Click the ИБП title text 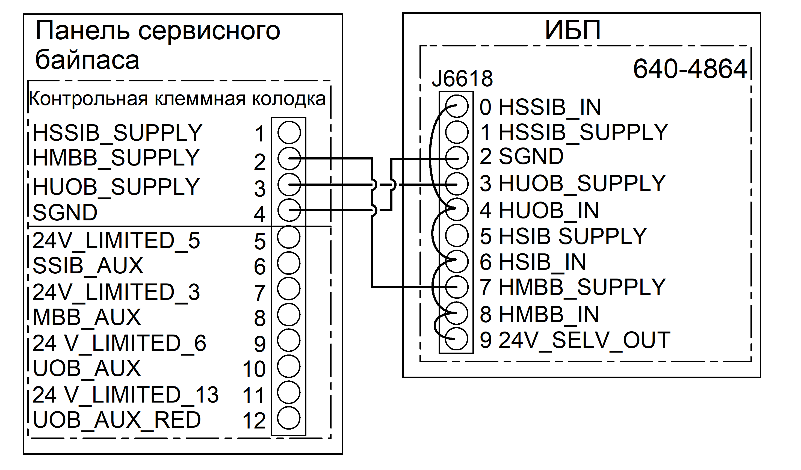pos(573,31)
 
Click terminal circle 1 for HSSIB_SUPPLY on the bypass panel pos(289,132)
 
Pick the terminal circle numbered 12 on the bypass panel pos(289,418)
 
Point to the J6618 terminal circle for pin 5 pos(457,235)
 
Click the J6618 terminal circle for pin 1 pos(457,132)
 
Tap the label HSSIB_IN pos(550,107)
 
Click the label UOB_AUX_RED pos(117,420)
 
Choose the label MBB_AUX pos(87,317)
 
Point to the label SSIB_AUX pos(88,266)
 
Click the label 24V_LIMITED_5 pos(116,241)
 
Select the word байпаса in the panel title pos(87,60)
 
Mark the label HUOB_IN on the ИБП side pos(549,211)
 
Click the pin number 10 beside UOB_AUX pos(254,369)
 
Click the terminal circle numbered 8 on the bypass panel pos(289,315)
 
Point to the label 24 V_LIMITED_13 pos(126,395)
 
